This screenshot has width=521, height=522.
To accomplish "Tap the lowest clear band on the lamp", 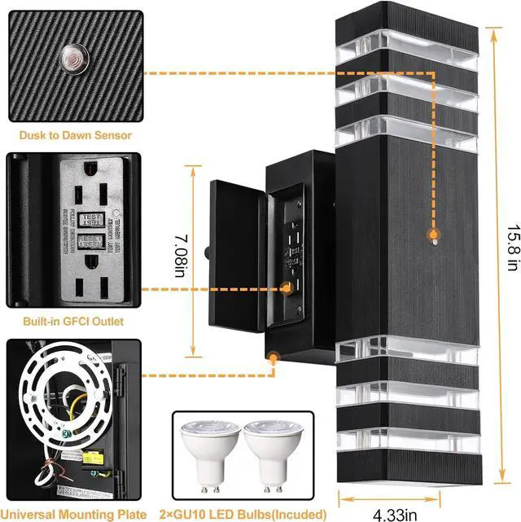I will [x=407, y=457].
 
